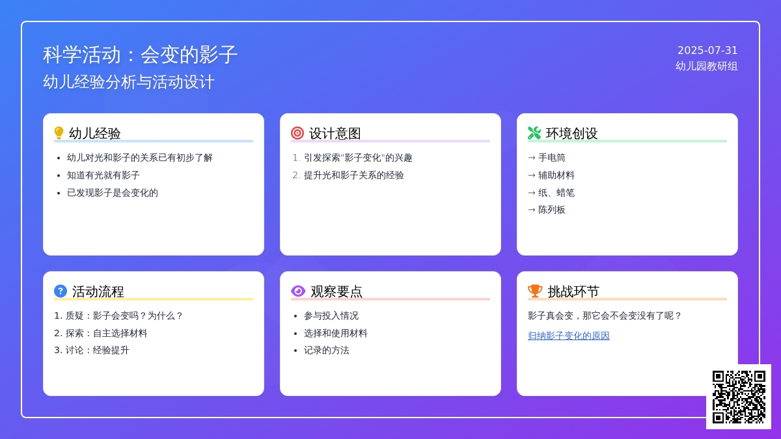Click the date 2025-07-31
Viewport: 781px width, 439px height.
click(707, 51)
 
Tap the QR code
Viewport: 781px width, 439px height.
click(739, 397)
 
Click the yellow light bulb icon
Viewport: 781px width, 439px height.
click(59, 133)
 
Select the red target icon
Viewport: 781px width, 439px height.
click(297, 133)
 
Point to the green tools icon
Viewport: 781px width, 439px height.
click(534, 133)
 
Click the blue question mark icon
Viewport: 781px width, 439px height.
click(61, 291)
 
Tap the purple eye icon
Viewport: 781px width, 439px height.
click(298, 291)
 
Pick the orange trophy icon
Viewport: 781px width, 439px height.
click(535, 291)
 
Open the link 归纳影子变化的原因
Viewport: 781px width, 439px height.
click(569, 336)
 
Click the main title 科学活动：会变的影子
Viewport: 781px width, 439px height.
click(140, 55)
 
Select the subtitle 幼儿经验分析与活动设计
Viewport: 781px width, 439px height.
click(129, 82)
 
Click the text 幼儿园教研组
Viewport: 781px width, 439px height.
click(706, 66)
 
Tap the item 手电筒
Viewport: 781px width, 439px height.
click(552, 158)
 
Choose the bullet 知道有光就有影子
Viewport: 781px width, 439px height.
click(103, 175)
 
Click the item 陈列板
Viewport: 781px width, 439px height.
click(552, 209)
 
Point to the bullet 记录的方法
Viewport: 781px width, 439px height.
click(327, 350)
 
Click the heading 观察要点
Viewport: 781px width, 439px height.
click(336, 291)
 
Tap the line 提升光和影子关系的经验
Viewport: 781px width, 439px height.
click(354, 175)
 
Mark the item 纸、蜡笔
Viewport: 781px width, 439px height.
click(556, 193)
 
